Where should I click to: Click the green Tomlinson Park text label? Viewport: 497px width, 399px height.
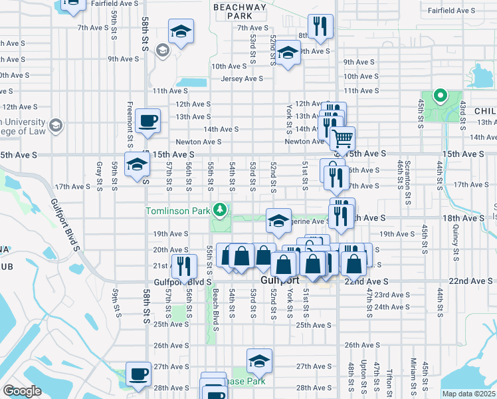click(x=177, y=211)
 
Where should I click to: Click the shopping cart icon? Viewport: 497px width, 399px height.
click(x=342, y=138)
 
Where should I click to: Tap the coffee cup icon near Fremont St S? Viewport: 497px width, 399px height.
click(x=148, y=122)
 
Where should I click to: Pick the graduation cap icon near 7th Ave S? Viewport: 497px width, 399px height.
click(x=181, y=31)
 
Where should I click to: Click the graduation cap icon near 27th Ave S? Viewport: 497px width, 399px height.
click(x=259, y=361)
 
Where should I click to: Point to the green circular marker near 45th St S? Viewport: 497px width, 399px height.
click(x=439, y=96)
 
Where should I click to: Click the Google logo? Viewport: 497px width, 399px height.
click(x=22, y=391)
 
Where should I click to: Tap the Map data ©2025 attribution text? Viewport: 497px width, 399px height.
click(x=468, y=394)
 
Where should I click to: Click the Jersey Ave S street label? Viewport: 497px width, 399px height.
click(x=243, y=78)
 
